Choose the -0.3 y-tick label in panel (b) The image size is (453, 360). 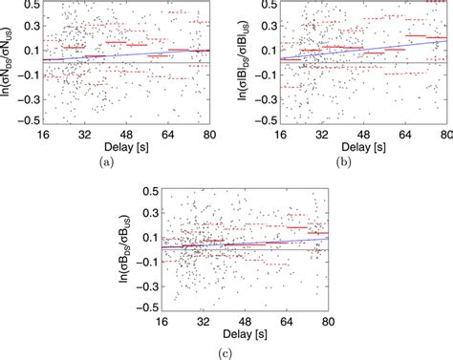[268, 101]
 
